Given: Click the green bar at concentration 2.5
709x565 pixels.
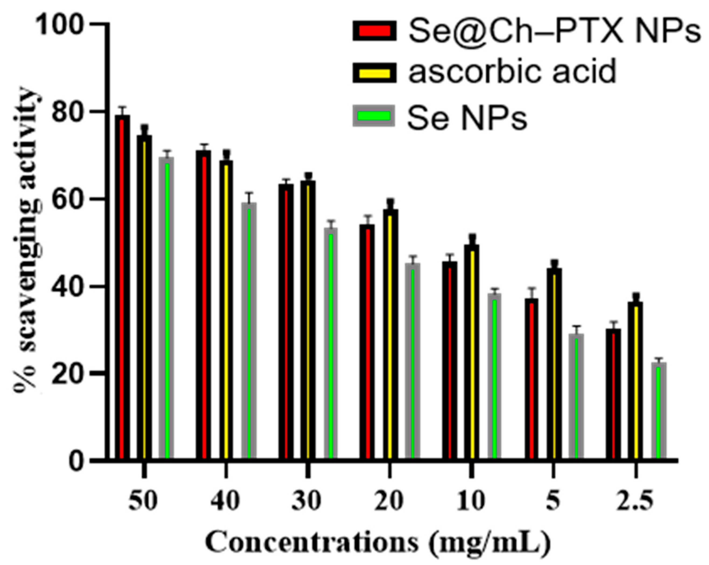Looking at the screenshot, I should click(x=658, y=411).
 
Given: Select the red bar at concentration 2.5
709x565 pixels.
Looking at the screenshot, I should click(x=613, y=394).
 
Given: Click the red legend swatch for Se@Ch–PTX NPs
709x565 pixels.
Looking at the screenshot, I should click(x=375, y=31).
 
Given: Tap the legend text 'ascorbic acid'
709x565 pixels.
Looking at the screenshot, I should click(x=512, y=72).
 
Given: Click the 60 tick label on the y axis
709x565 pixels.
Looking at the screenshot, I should click(x=66, y=199).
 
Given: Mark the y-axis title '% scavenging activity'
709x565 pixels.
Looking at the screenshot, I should click(x=28, y=240).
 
